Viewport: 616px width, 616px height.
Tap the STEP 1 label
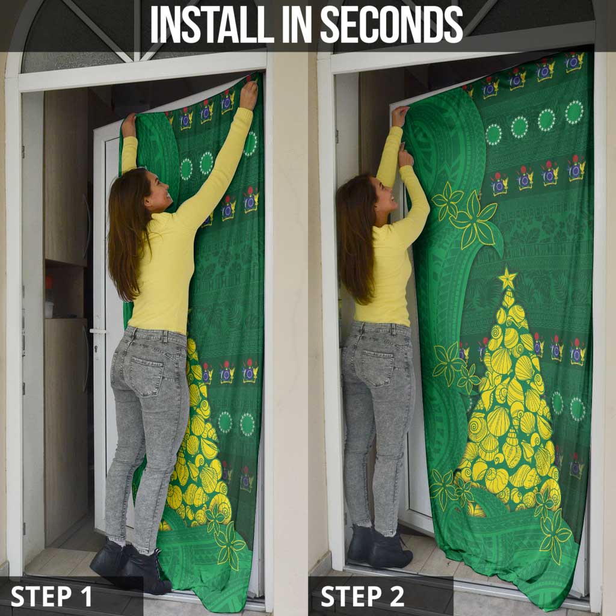(x=51, y=596)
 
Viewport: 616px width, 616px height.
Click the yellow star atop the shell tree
(x=508, y=279)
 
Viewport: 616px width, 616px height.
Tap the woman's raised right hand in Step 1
(x=248, y=94)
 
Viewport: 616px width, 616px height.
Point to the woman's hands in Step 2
(x=403, y=135)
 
